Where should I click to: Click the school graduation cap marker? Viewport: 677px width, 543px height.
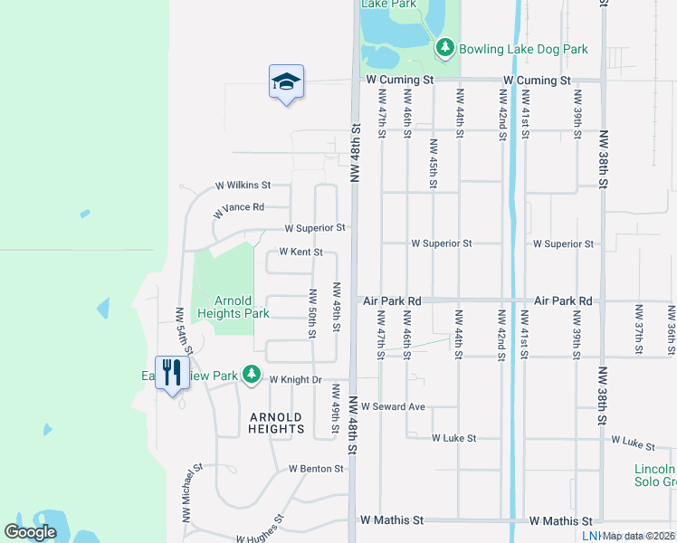pos(286,82)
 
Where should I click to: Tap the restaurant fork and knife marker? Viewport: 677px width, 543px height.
pos(172,372)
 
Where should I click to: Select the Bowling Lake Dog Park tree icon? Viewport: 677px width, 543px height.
pos(444,48)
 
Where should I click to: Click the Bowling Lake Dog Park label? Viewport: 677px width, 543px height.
pos(523,49)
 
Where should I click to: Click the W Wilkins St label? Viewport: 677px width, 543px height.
pos(244,186)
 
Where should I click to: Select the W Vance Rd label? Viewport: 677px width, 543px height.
pos(238,210)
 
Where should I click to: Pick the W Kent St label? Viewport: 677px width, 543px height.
pos(301,252)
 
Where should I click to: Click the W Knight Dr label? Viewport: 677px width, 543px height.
pos(296,380)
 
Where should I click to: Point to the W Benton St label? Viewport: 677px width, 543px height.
pos(317,469)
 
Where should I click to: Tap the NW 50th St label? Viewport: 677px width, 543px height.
pos(313,312)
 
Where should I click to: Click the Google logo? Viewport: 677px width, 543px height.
pos(30,532)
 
